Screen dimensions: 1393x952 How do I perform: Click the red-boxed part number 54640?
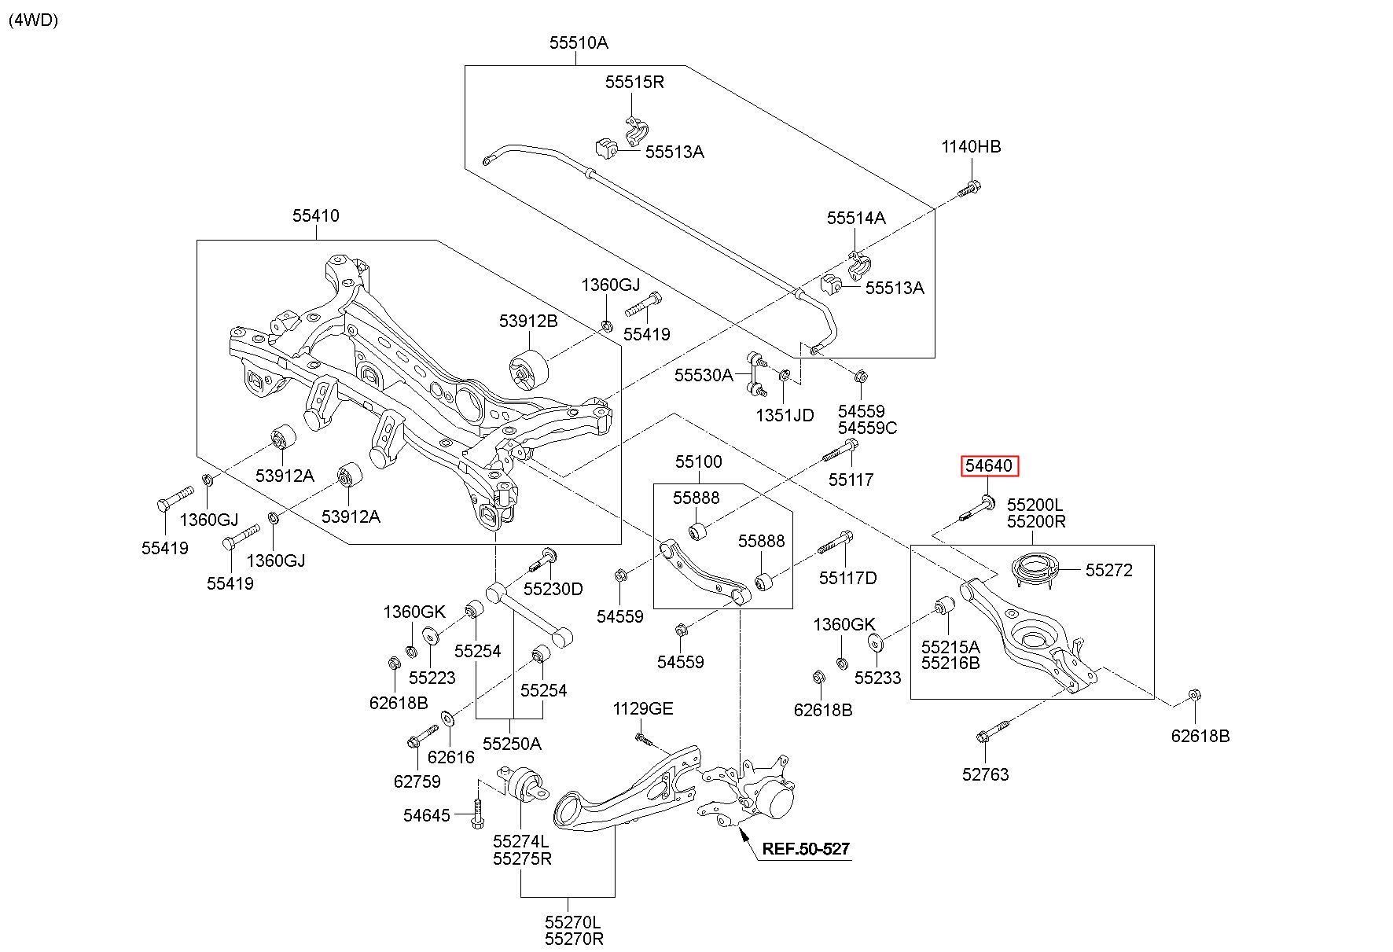989,466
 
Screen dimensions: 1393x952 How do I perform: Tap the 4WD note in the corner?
34,20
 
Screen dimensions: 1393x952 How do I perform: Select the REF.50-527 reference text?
806,849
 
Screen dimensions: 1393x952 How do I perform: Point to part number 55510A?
579,43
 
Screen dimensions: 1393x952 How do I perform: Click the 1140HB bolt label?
972,147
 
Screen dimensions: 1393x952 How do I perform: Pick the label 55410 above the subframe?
316,215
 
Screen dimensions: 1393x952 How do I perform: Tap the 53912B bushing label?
528,321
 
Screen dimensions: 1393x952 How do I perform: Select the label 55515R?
634,82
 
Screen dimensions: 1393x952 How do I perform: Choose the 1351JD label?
785,415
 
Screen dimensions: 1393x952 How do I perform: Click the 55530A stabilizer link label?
704,375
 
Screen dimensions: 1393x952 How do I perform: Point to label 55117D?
847,578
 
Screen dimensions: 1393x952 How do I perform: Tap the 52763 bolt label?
985,774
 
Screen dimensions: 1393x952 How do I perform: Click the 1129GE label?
643,709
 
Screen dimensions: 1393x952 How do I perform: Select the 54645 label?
427,815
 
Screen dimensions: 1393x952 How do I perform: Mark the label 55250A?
512,744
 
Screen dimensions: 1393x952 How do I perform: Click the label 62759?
417,781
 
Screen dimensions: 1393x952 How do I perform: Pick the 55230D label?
553,589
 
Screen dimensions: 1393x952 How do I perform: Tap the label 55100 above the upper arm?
699,461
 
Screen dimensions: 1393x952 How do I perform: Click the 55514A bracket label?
856,218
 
